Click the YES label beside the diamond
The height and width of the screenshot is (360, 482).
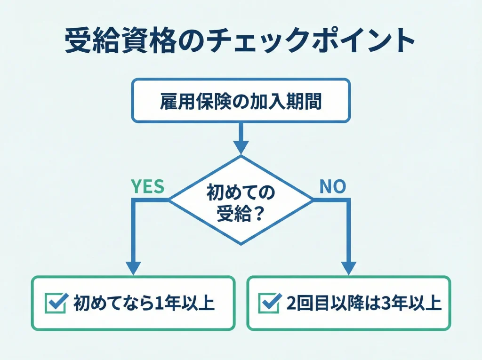(x=147, y=187)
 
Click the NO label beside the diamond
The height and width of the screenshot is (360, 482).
(x=333, y=187)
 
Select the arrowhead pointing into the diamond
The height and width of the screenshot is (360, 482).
(x=241, y=147)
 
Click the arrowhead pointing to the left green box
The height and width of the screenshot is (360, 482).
(x=134, y=268)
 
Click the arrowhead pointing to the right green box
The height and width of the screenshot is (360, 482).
(x=348, y=268)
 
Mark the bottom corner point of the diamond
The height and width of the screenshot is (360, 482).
(x=241, y=244)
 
